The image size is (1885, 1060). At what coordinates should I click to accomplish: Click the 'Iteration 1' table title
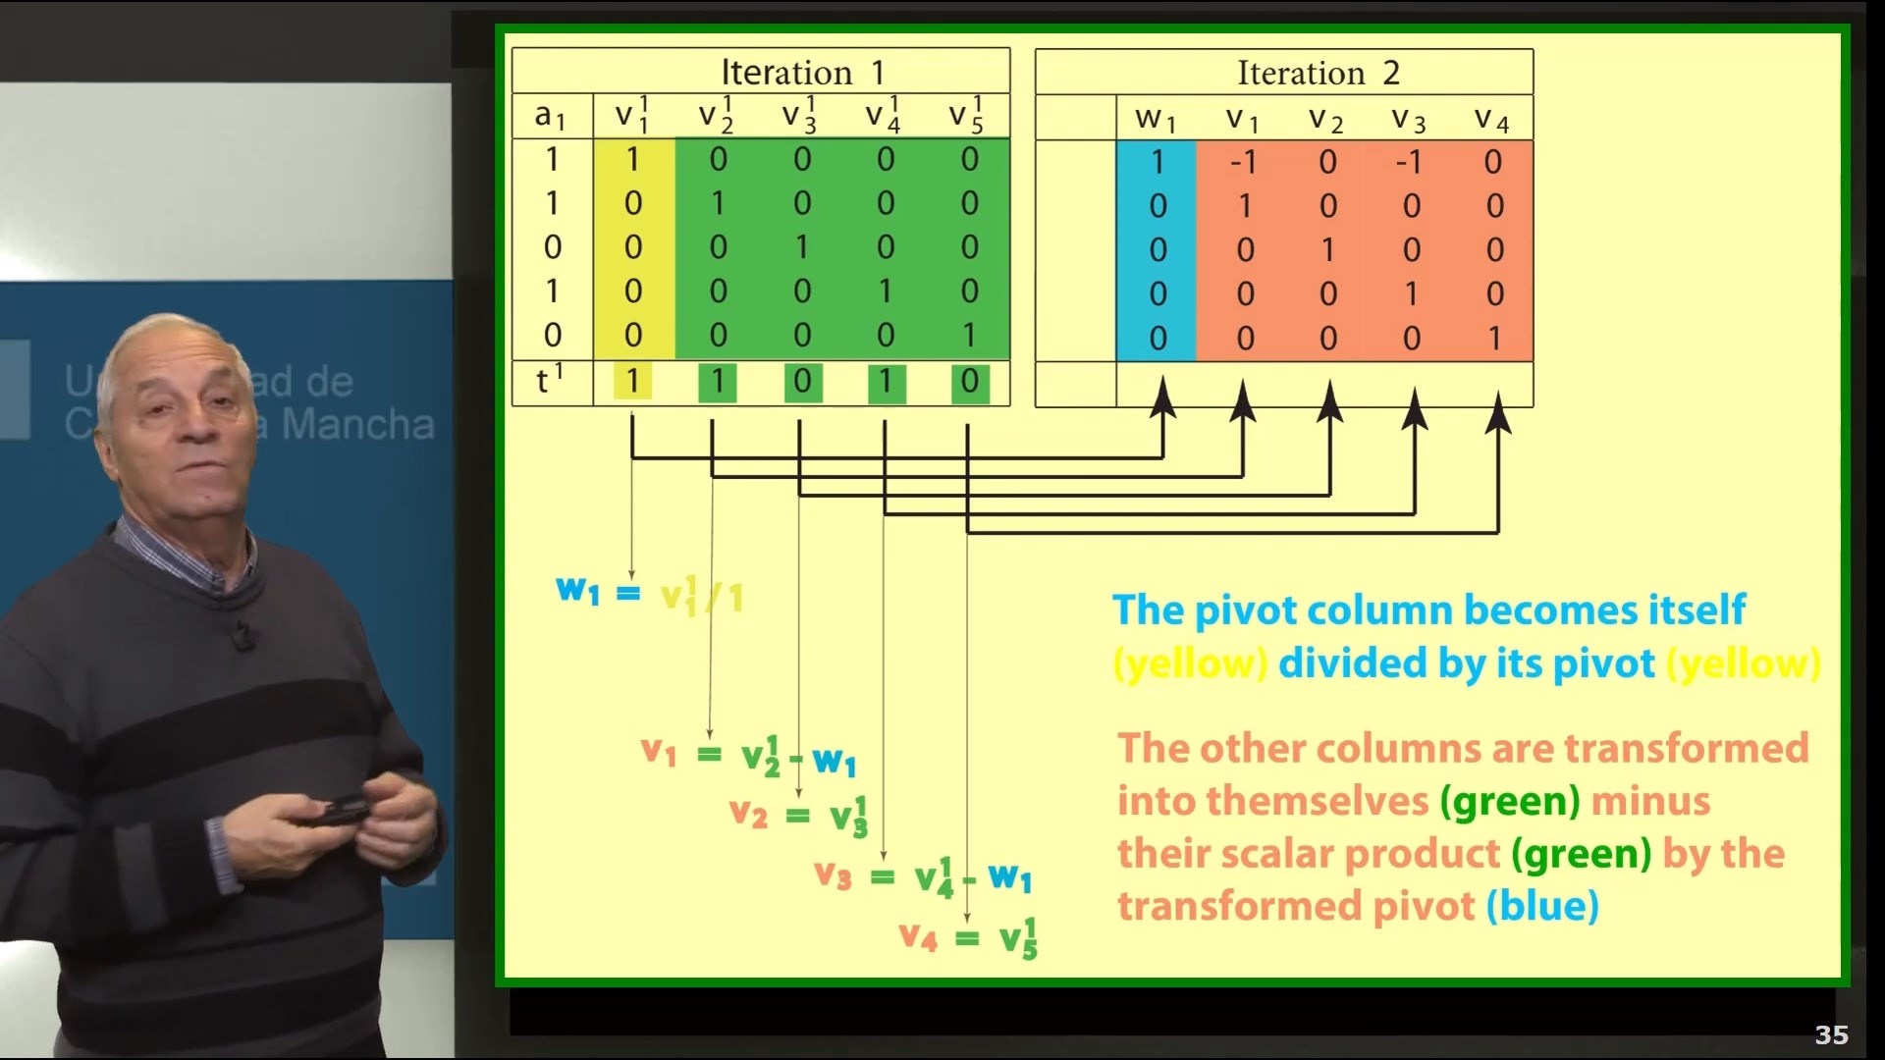(802, 73)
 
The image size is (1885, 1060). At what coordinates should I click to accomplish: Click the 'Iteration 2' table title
(1318, 73)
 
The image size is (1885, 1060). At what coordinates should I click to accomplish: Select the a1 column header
(550, 117)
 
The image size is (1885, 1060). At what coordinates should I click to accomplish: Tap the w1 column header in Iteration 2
(1155, 119)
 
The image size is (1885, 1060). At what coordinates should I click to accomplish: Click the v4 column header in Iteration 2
(1491, 119)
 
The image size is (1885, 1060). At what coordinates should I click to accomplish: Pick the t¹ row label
(549, 380)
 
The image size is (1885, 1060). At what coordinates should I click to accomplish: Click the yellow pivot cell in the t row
(632, 381)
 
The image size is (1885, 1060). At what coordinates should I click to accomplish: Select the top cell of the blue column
(1157, 162)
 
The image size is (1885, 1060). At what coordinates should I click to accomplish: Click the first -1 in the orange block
(1243, 162)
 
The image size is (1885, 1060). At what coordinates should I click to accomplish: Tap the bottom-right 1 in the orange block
(1494, 339)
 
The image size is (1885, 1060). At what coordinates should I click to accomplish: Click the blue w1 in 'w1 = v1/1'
(577, 591)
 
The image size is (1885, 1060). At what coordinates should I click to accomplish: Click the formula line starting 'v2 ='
(798, 815)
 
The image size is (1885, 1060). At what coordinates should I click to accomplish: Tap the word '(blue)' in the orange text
(1542, 906)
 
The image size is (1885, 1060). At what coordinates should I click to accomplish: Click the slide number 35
(1831, 1034)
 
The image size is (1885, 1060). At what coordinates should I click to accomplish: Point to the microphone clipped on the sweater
(242, 638)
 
